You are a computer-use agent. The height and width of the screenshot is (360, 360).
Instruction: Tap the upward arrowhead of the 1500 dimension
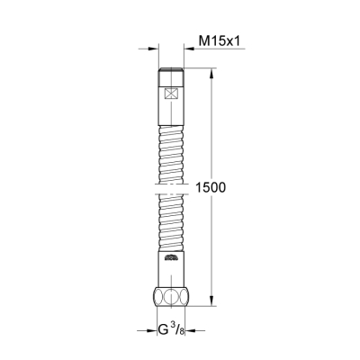coord(212,72)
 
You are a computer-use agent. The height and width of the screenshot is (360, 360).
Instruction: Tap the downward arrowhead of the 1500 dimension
coord(212,307)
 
